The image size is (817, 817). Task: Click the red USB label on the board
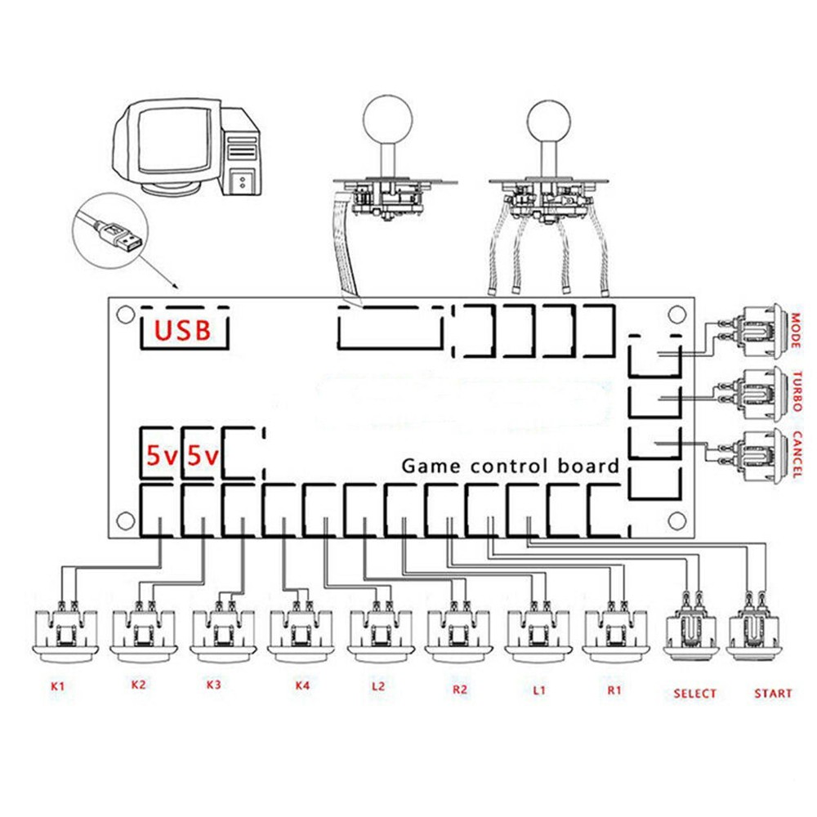point(184,330)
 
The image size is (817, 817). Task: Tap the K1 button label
point(57,685)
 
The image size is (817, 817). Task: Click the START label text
point(772,694)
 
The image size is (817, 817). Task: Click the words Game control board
point(510,467)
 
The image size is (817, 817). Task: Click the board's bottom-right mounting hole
point(676,520)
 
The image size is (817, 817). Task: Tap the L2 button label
point(377,685)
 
